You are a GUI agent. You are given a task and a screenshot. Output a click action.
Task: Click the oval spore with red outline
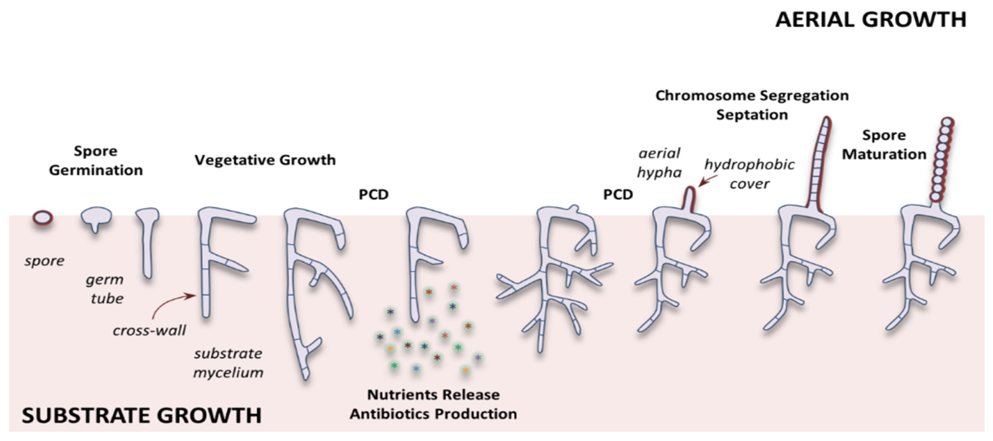click(42, 218)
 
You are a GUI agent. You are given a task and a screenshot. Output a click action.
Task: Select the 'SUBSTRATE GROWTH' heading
click(142, 415)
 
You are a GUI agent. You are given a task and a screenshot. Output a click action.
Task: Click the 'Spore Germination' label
click(96, 160)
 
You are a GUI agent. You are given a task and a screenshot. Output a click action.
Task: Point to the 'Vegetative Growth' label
click(265, 160)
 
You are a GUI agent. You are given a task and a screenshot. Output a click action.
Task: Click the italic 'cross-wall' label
click(149, 330)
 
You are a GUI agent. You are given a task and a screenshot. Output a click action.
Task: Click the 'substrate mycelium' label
click(228, 363)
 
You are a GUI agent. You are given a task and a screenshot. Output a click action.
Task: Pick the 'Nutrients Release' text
click(433, 395)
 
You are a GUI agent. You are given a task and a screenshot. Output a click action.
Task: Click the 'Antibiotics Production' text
click(433, 414)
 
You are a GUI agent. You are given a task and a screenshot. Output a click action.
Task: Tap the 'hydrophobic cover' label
click(749, 174)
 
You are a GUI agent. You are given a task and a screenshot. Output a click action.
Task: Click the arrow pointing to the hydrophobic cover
click(708, 181)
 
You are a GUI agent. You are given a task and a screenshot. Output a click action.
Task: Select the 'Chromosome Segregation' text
click(752, 95)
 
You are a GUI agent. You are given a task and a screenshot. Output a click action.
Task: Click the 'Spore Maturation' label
click(884, 144)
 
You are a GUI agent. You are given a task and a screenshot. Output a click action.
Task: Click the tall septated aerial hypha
click(819, 162)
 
